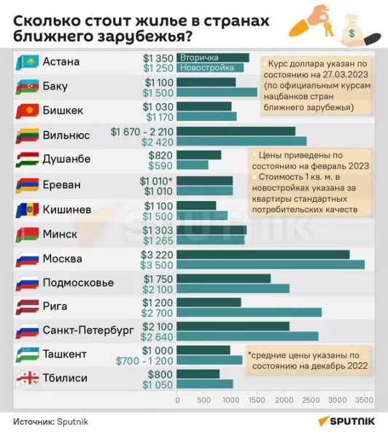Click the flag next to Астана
27,63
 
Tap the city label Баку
56,87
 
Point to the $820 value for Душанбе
161,155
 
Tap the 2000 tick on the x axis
284,401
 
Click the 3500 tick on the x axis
364,401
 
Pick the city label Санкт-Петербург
88,330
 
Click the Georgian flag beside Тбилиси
27,379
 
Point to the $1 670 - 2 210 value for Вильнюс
142,131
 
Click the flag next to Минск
27,235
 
